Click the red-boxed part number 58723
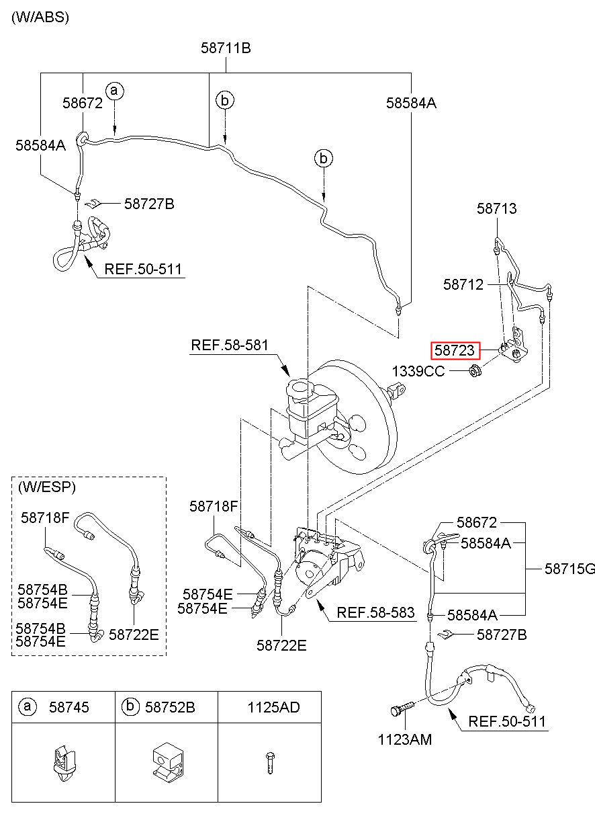click(x=455, y=351)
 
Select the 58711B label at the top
click(x=226, y=48)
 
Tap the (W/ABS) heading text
click(x=40, y=17)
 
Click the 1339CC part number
click(x=418, y=372)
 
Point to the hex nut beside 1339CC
click(x=475, y=371)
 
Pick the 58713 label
click(x=496, y=208)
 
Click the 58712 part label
click(x=463, y=284)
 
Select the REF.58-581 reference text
click(x=230, y=345)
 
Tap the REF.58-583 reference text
click(x=375, y=612)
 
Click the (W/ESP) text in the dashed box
click(x=47, y=487)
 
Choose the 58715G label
click(x=569, y=569)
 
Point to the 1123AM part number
click(x=405, y=739)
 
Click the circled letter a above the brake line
click(x=115, y=91)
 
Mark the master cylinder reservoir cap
click(x=298, y=387)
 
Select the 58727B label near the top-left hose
click(x=149, y=204)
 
